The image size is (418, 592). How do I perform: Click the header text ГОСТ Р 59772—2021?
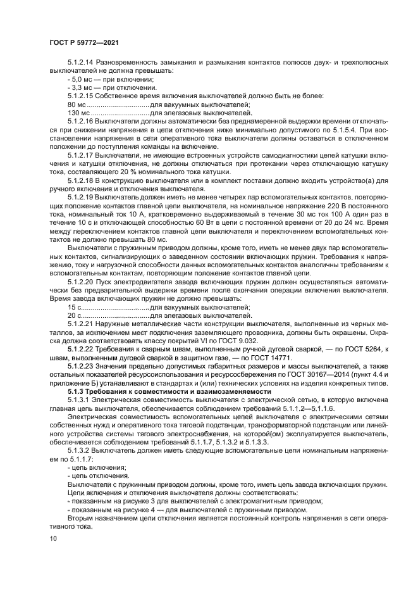pos(85,42)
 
